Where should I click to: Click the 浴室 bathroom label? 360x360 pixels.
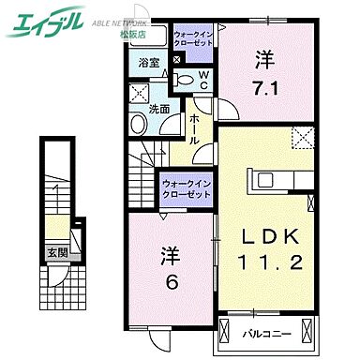[149, 64]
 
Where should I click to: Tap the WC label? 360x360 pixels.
[204, 81]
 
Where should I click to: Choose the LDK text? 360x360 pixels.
[273, 233]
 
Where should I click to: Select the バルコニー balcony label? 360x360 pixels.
[268, 334]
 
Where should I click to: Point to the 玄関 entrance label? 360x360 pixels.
[58, 253]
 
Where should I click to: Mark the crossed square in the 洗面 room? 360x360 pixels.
[141, 94]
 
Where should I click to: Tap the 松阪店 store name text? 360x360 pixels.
[127, 29]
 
